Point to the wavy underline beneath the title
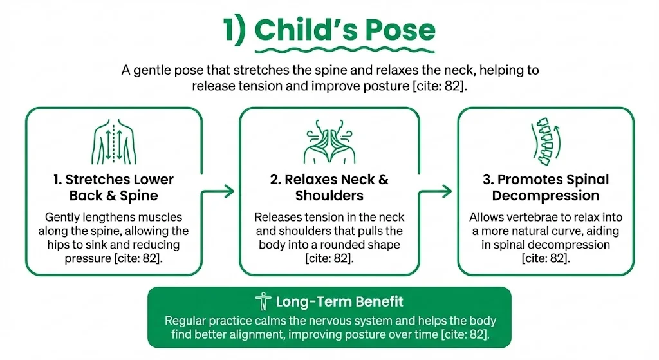(x=344, y=50)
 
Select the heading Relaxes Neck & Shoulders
(x=329, y=187)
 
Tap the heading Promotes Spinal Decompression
(x=545, y=187)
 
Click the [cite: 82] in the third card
(x=546, y=258)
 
